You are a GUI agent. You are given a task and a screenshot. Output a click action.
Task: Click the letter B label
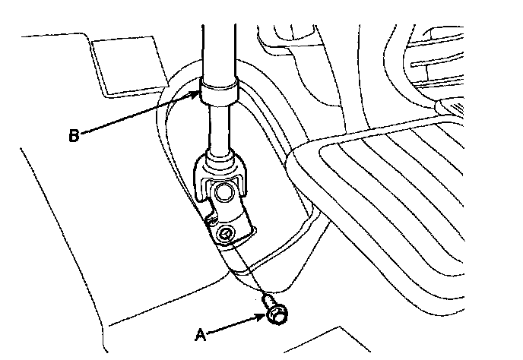74,136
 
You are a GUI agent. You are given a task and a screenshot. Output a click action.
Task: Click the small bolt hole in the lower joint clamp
226,232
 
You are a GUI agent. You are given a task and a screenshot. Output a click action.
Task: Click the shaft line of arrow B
137,115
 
